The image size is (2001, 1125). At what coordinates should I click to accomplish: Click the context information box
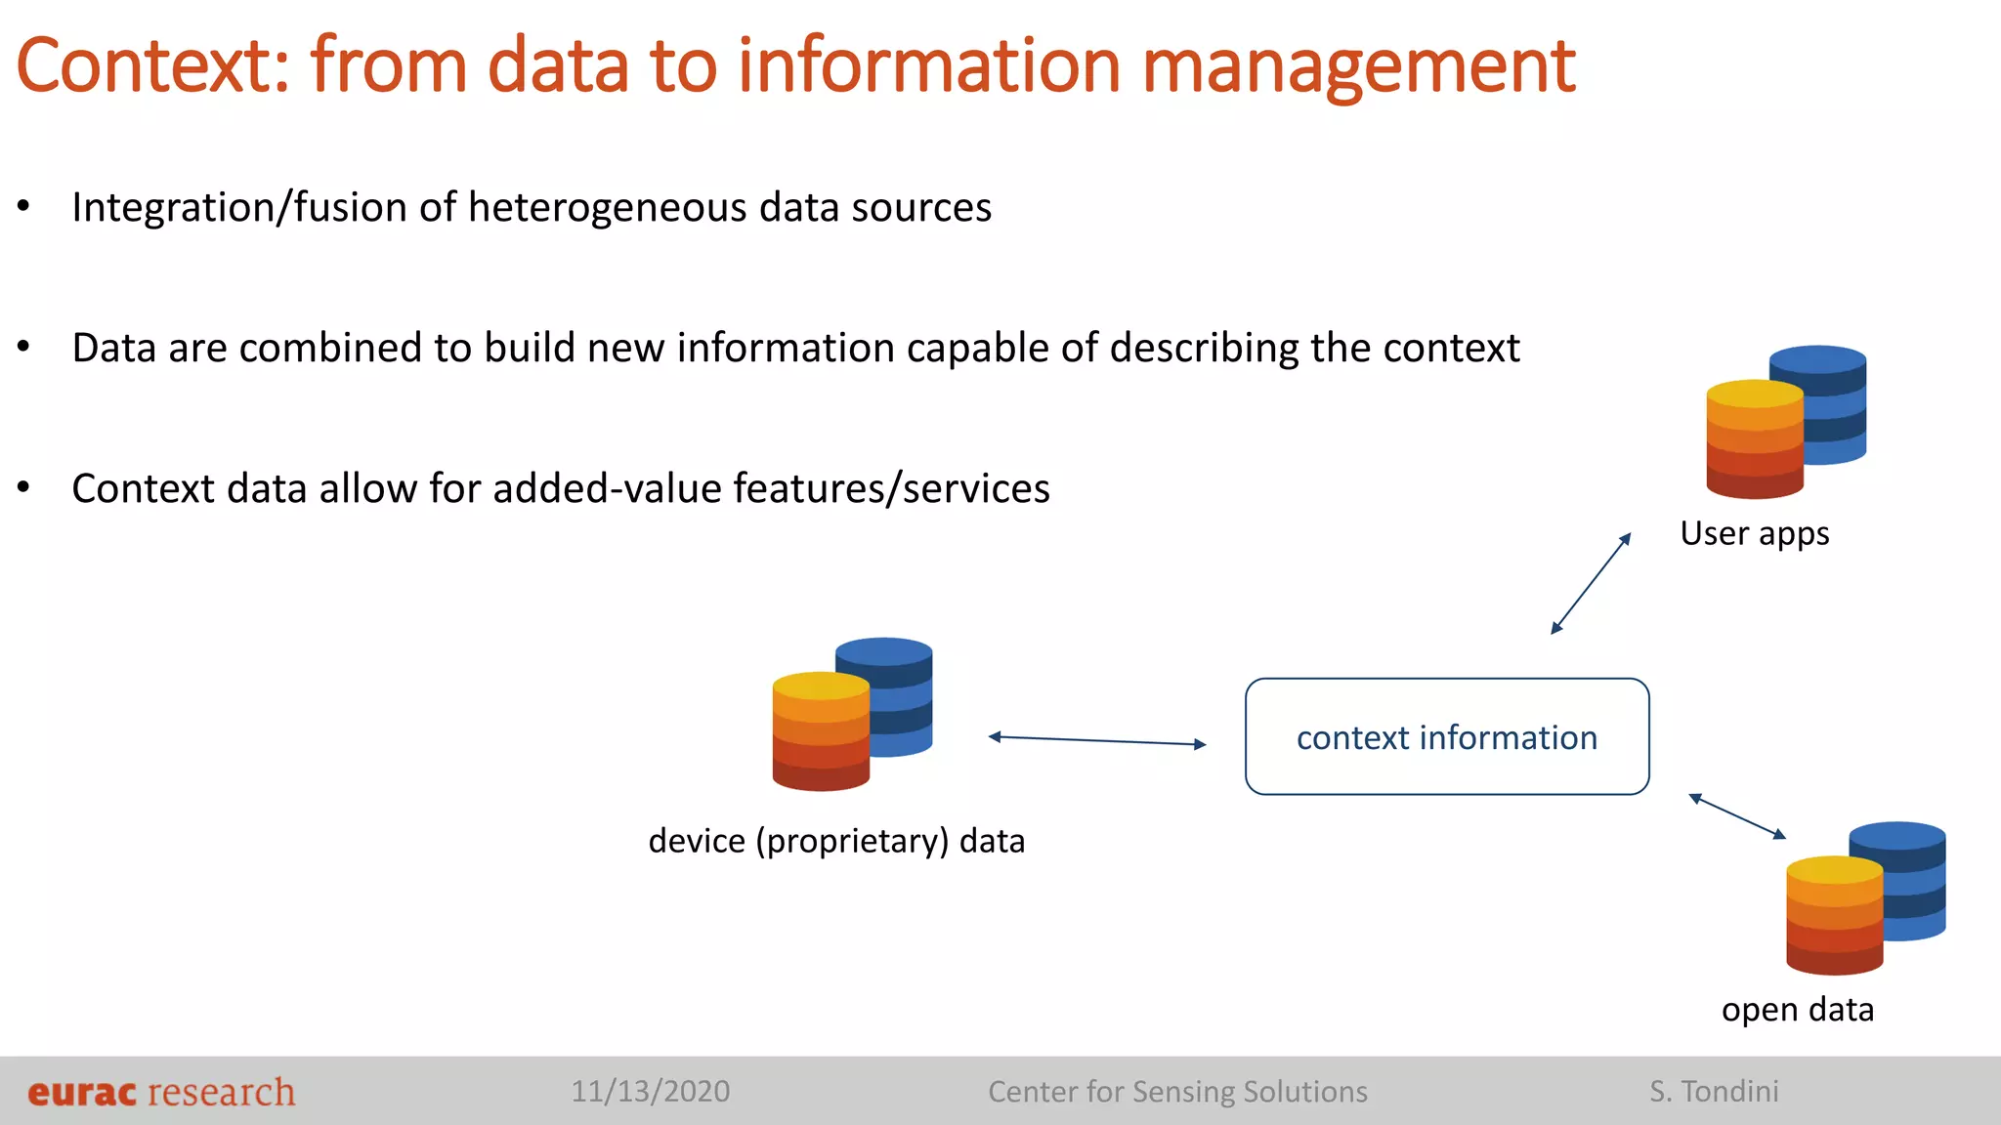click(x=1447, y=737)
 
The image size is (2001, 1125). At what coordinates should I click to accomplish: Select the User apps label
click(x=1754, y=534)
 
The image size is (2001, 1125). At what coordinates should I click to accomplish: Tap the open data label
click(x=1797, y=1010)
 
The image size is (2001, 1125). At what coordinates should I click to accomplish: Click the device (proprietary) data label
click(x=836, y=841)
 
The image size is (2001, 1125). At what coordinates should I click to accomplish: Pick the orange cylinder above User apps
click(x=1754, y=439)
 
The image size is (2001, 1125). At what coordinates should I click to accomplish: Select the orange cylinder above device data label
click(x=820, y=732)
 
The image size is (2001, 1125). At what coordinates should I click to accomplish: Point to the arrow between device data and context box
click(x=1097, y=740)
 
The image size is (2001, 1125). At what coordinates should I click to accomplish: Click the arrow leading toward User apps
click(x=1591, y=583)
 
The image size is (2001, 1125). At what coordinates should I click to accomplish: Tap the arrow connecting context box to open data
click(x=1737, y=816)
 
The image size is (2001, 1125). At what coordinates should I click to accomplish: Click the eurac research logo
click(x=161, y=1092)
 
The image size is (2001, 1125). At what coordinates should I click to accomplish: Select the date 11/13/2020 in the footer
click(x=650, y=1092)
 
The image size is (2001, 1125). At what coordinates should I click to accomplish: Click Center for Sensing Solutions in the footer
click(x=1177, y=1092)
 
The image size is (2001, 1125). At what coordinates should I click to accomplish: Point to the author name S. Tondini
click(x=1714, y=1092)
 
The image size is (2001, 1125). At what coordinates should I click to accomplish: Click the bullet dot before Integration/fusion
click(x=23, y=207)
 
